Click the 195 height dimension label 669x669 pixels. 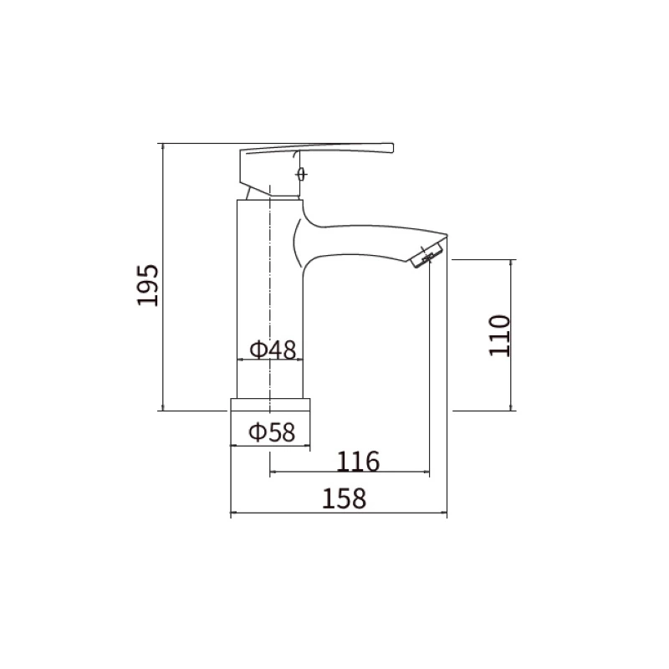tap(148, 285)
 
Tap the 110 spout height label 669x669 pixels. tap(499, 335)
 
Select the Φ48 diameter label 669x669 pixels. tap(273, 350)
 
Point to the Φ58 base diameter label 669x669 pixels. tap(272, 432)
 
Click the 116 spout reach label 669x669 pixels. tap(358, 462)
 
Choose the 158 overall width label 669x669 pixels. tap(344, 498)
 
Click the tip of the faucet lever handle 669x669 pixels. tap(392, 148)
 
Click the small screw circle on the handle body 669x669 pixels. tap(302, 174)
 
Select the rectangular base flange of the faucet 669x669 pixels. tap(270, 423)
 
